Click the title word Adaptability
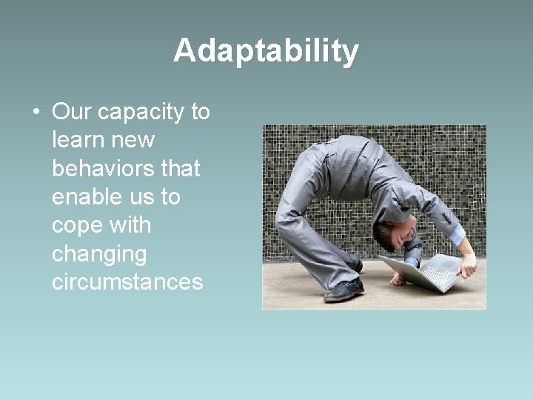266,51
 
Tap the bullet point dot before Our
36,113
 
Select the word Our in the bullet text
72,112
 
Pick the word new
134,140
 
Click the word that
181,168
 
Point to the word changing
99,255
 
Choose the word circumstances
127,282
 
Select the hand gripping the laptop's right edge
467,267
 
